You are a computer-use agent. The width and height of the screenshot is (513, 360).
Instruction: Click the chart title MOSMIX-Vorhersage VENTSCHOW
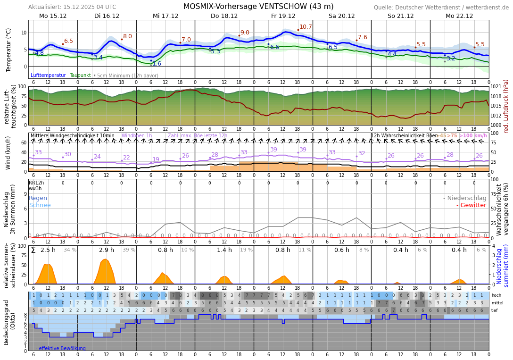pos(258,7)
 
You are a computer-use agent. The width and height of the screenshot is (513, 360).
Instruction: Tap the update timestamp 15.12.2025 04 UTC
pos(88,7)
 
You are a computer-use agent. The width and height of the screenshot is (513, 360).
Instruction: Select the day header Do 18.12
pos(224,16)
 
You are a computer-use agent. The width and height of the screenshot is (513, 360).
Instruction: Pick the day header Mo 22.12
pos(459,16)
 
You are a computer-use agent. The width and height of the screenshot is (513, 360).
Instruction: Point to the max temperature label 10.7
pos(306,27)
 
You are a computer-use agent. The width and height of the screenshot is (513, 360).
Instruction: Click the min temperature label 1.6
pos(157,64)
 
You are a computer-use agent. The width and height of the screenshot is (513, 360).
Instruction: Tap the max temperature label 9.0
pos(245,33)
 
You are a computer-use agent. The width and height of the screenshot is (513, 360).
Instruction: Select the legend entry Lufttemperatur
pos(48,75)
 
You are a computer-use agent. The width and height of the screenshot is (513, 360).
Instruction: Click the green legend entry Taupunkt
pos(80,75)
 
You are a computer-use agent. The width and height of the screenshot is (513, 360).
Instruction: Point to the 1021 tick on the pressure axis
pos(496,87)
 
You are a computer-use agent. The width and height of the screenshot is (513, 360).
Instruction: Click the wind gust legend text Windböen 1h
pos(136,136)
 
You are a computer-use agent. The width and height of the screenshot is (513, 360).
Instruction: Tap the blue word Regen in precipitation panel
pos(38,198)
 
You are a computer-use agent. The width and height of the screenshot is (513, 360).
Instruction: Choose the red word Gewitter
pos(473,205)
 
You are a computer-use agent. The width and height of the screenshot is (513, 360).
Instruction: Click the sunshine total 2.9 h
pos(107,250)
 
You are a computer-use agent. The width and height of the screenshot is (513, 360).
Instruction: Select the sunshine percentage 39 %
pos(129,250)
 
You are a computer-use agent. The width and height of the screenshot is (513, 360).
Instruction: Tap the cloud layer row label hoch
pos(496,295)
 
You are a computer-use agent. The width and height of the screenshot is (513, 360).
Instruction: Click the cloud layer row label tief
pos(495,310)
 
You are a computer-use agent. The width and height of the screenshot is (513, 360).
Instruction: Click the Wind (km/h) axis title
pos(8,153)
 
